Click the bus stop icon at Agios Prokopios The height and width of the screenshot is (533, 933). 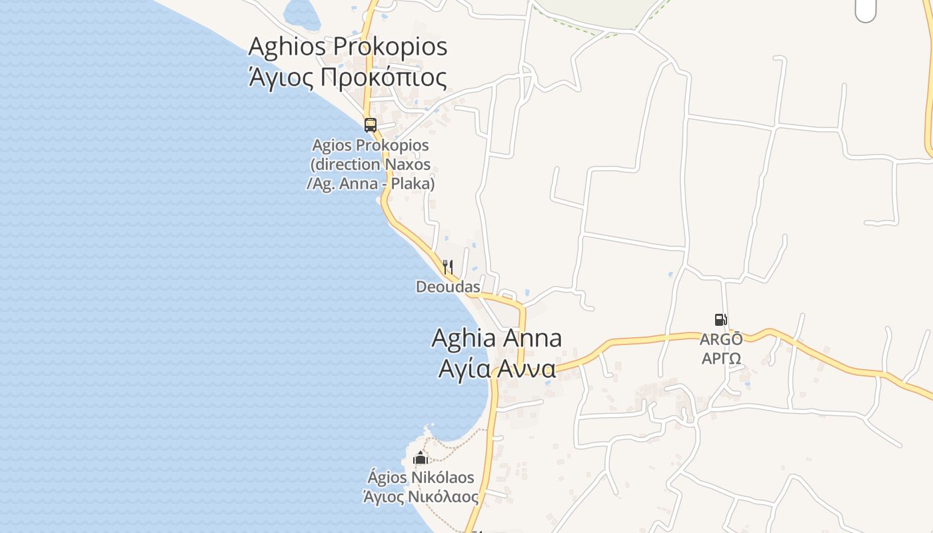371,125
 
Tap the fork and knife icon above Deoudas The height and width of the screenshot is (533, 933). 448,267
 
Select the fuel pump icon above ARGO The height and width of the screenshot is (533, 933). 720,320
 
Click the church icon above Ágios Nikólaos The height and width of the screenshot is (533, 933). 421,458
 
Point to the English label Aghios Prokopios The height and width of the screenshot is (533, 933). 347,47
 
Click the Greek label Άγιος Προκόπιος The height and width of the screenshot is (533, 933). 347,78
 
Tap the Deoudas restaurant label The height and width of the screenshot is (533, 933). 448,287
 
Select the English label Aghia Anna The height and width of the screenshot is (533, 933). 496,338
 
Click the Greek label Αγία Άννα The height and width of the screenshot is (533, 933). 496,368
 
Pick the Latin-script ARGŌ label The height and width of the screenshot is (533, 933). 721,339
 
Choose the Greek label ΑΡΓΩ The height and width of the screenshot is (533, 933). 721,358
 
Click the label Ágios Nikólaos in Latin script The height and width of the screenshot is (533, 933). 421,478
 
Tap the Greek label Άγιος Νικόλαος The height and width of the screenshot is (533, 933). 421,497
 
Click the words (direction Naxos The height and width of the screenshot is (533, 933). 371,165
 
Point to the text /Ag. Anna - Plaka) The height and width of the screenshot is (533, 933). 371,183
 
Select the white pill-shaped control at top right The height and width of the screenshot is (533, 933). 865,10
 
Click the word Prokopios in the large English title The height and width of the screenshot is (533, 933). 390,47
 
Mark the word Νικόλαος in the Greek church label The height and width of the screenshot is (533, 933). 447,497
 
